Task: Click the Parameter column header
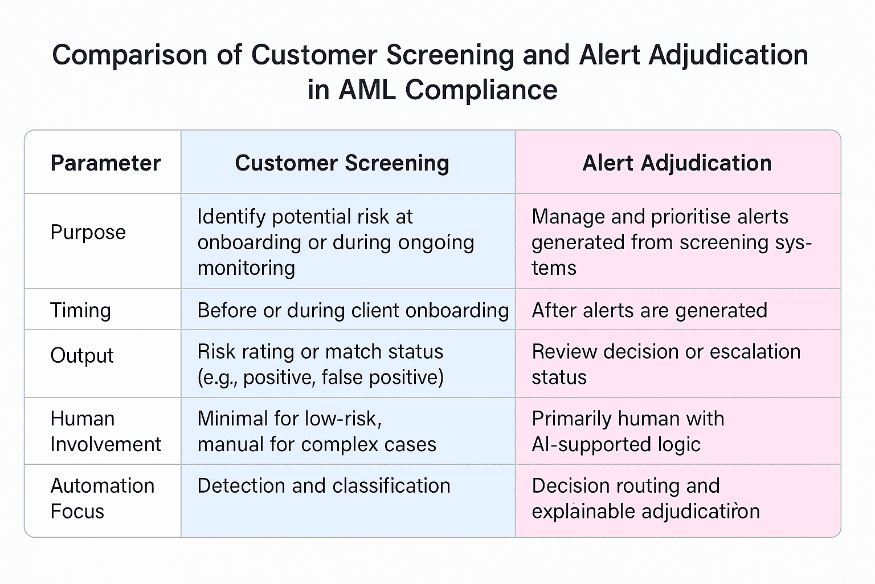(x=105, y=163)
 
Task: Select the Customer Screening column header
(x=342, y=163)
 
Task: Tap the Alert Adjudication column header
(x=677, y=163)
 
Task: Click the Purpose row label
(x=88, y=232)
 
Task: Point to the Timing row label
(x=80, y=310)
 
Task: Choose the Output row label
(x=81, y=355)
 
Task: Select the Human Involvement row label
(x=105, y=431)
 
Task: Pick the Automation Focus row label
(x=102, y=498)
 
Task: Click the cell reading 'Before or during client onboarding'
(x=353, y=310)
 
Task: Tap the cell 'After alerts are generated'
(x=649, y=310)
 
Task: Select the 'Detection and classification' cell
(x=324, y=486)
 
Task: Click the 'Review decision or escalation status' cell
(x=666, y=364)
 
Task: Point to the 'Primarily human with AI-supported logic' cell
(x=628, y=431)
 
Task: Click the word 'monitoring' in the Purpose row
(x=246, y=267)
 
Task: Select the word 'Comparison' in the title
(x=129, y=55)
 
